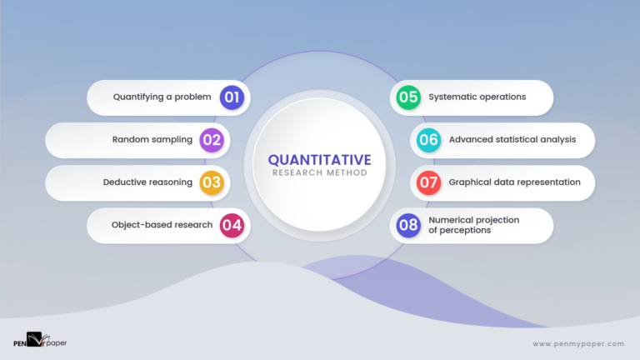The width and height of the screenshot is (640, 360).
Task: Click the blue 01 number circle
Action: coord(232,97)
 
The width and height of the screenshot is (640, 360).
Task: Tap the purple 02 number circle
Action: coord(212,140)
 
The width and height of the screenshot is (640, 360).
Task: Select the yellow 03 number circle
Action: coord(212,182)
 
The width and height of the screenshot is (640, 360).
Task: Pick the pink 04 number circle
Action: coord(232,225)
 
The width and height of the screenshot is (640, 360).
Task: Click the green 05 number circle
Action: coord(407,97)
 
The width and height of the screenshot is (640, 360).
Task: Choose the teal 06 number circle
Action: coord(428,140)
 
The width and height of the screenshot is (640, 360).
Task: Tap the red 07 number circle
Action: coord(428,182)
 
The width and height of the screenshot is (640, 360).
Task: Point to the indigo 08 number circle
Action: coord(407,225)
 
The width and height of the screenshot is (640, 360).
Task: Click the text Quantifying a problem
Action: coord(162,97)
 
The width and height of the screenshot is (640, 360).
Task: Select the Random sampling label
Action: coord(152,140)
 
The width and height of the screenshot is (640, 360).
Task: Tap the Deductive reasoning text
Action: coord(147,182)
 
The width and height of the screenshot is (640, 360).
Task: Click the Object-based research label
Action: coord(161,225)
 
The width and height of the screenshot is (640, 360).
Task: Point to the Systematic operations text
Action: coord(477,97)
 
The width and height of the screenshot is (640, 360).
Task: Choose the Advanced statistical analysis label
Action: coord(512,140)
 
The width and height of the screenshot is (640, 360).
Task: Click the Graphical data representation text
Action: coord(514,182)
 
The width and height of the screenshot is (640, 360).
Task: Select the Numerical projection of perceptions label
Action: coord(473,225)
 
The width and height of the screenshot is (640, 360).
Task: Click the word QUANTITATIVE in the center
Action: coord(319,160)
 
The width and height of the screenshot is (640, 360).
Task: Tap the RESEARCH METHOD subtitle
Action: coord(319,173)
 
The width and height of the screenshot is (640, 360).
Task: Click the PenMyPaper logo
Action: coord(38,340)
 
